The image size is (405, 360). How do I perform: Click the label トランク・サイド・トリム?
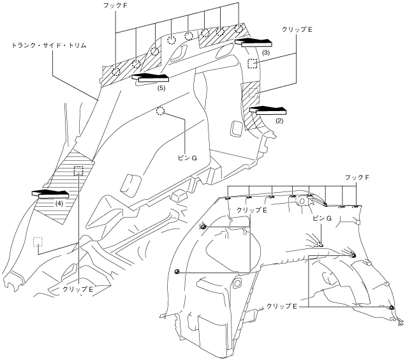tap(48, 46)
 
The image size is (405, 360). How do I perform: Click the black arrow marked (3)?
tap(253, 42)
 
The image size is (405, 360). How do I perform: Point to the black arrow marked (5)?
tap(148, 78)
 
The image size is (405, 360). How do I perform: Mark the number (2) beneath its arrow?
tap(279, 119)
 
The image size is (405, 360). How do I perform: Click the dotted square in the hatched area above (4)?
tap(78, 170)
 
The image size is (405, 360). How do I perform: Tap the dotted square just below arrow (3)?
tap(253, 63)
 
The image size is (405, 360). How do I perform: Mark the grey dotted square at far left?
tap(38, 241)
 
